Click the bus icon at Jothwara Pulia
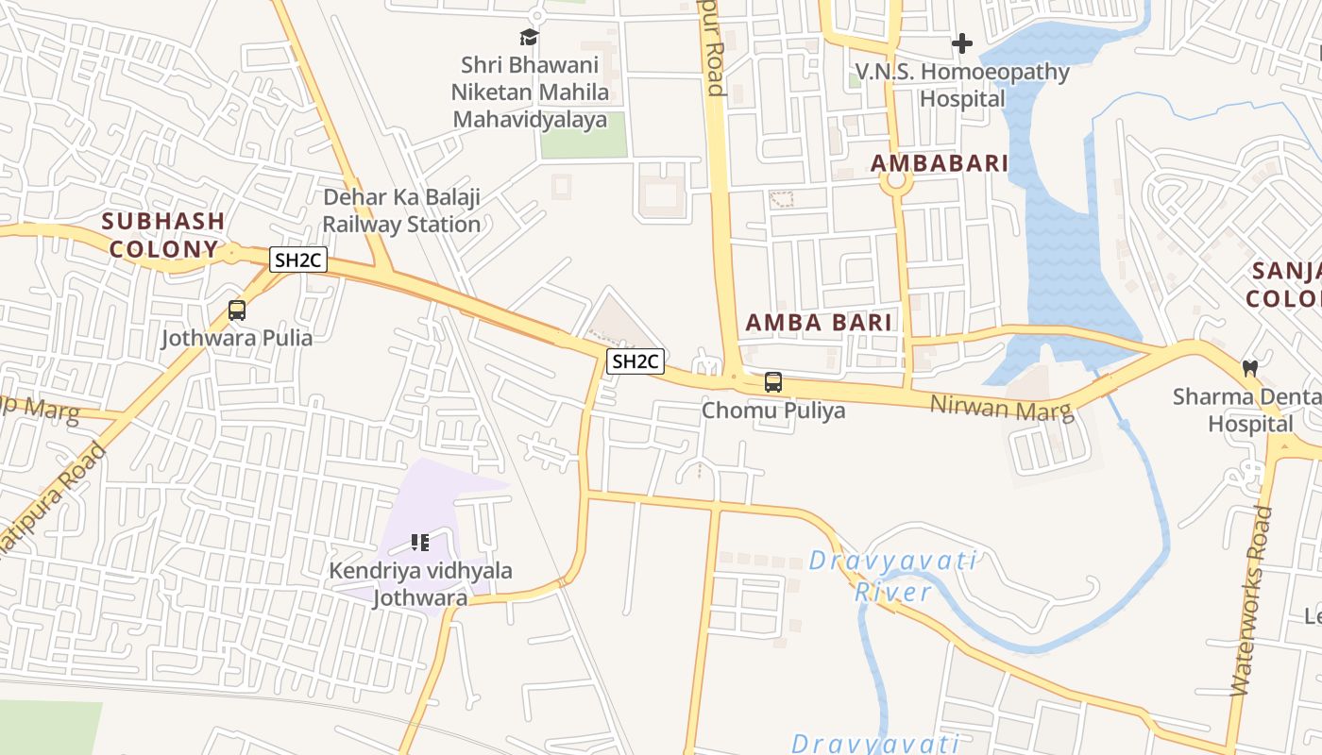pyautogui.click(x=237, y=310)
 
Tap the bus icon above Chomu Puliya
pyautogui.click(x=772, y=382)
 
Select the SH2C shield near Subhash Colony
pyautogui.click(x=298, y=260)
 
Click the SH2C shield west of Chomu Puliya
pyautogui.click(x=636, y=361)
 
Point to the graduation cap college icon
pyautogui.click(x=529, y=38)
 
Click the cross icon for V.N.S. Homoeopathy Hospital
pyautogui.click(x=961, y=43)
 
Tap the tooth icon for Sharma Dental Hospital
pyautogui.click(x=1250, y=368)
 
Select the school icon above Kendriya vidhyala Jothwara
pyautogui.click(x=420, y=543)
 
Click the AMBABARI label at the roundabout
pyautogui.click(x=939, y=163)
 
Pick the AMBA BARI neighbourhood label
pyautogui.click(x=819, y=322)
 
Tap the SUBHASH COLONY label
pyautogui.click(x=162, y=235)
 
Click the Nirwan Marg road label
pyautogui.click(x=1002, y=407)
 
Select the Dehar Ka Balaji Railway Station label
pyautogui.click(x=402, y=210)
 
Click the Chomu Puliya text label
pyautogui.click(x=773, y=411)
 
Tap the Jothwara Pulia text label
pyautogui.click(x=236, y=337)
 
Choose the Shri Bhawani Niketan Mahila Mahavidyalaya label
pyautogui.click(x=529, y=92)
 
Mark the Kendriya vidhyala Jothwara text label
pyautogui.click(x=420, y=584)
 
